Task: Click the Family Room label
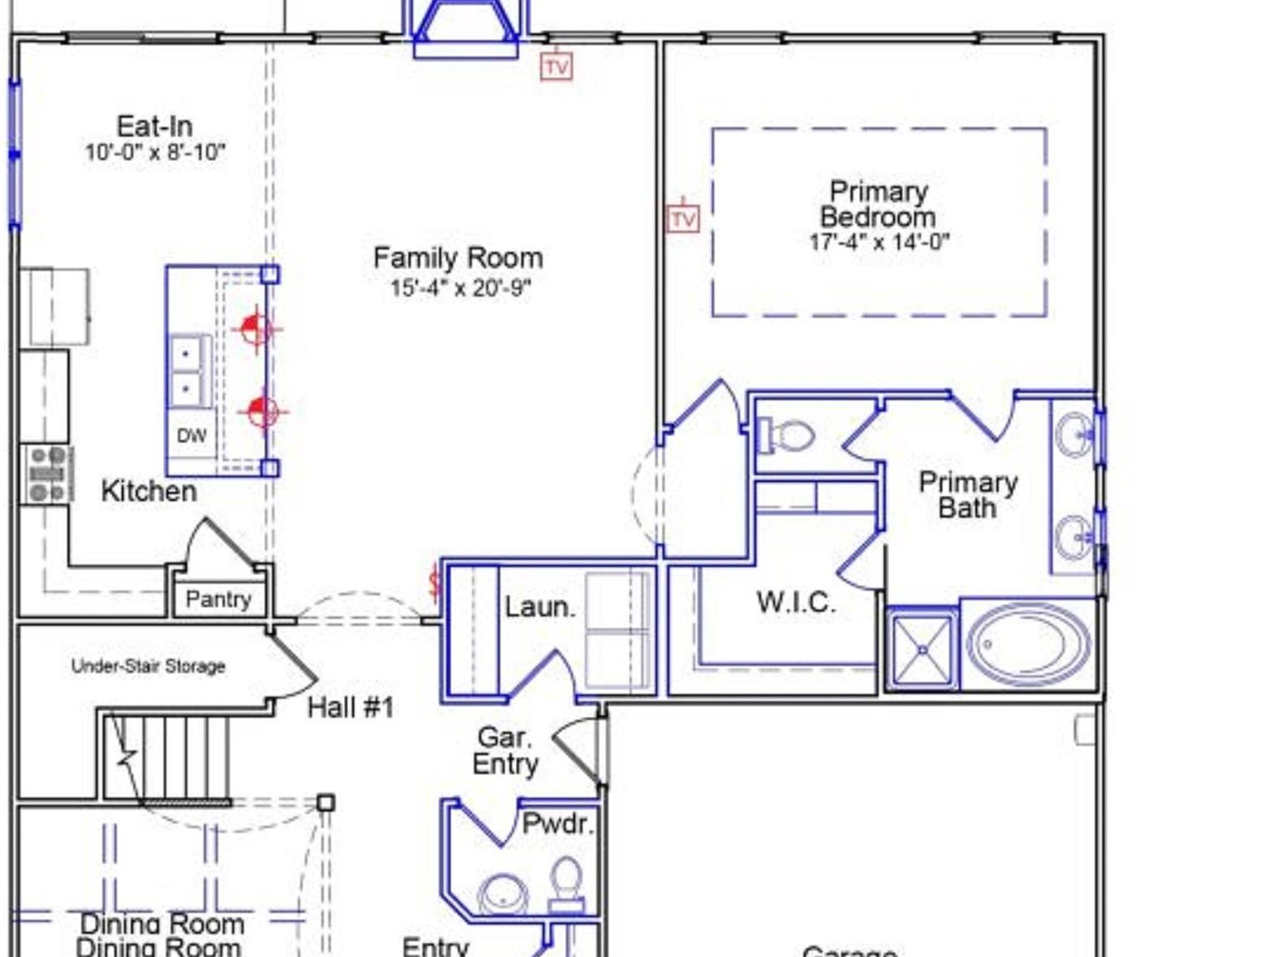(x=458, y=258)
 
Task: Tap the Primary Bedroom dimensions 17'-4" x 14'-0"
(x=879, y=243)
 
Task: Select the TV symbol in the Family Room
(x=557, y=66)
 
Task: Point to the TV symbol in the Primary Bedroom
(x=683, y=218)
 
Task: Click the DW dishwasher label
(x=191, y=435)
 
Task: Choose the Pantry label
(x=218, y=599)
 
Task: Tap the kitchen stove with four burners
(x=47, y=474)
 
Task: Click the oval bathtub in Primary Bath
(x=1028, y=644)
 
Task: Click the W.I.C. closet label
(x=795, y=602)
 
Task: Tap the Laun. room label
(x=540, y=606)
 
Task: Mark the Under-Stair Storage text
(x=148, y=666)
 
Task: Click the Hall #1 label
(x=350, y=708)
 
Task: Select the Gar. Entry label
(x=505, y=750)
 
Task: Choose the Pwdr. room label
(x=557, y=824)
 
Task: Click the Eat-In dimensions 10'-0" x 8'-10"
(x=155, y=153)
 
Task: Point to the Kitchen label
(x=149, y=491)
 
